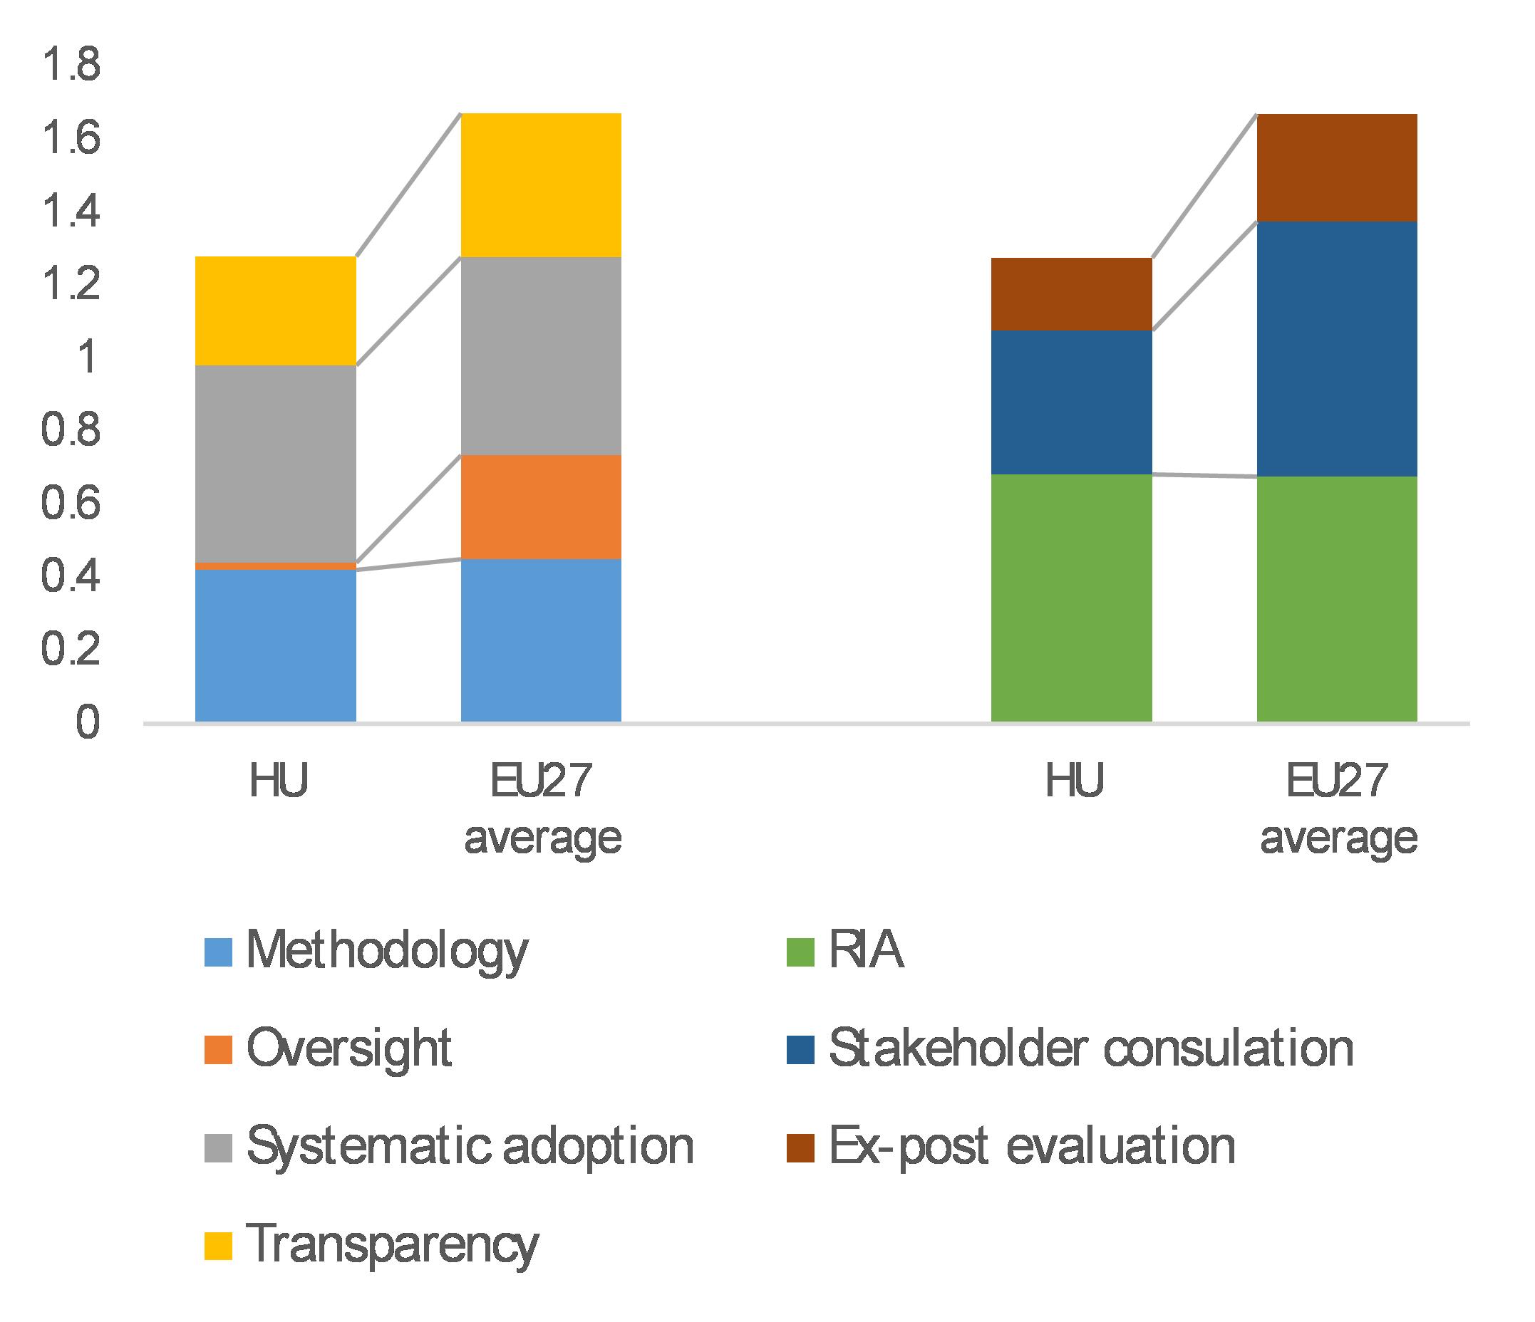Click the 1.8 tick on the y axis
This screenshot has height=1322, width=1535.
pos(71,64)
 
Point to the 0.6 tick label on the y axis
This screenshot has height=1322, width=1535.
pos(71,504)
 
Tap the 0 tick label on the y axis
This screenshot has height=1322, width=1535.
pos(88,722)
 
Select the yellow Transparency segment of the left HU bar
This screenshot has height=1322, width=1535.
pos(276,311)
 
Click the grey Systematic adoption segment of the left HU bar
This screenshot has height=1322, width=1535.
pos(276,463)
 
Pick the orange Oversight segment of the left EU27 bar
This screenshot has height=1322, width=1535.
pos(541,506)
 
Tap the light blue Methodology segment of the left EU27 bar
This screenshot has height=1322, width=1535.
pos(541,640)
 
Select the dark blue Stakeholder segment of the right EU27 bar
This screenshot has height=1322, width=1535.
pos(1336,348)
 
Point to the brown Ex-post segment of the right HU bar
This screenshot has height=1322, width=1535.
pos(1071,293)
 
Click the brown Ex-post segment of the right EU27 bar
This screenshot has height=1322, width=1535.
pos(1336,167)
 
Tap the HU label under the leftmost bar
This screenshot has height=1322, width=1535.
pos(279,781)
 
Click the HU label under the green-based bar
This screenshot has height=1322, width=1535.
pos(1074,781)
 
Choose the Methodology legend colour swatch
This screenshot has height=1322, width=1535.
pos(219,952)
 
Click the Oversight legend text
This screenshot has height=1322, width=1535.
pos(349,1049)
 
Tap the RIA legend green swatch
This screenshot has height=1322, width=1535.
pos(801,952)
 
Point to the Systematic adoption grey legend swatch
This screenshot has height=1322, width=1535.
pos(219,1148)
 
